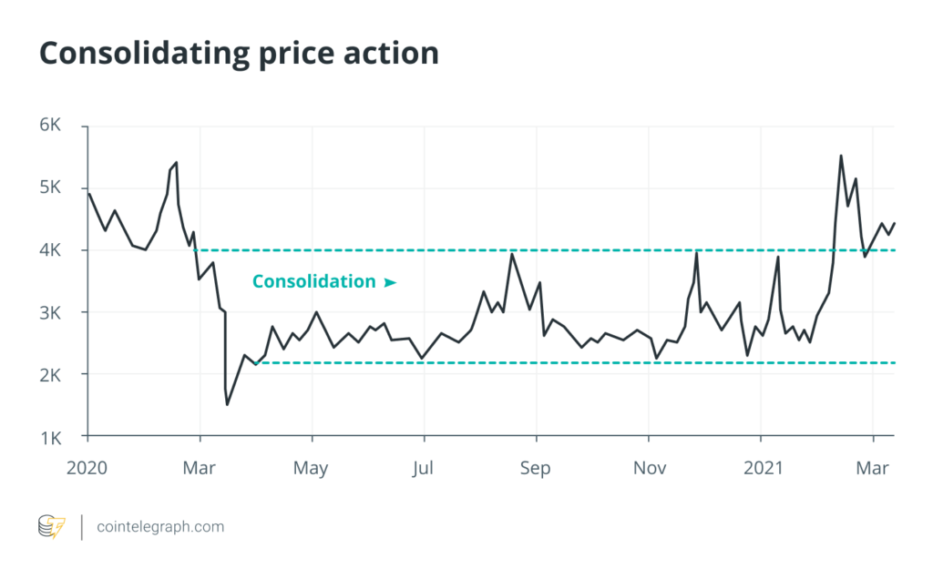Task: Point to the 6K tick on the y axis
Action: click(x=49, y=126)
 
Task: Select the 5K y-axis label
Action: click(x=49, y=188)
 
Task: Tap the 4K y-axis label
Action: click(x=49, y=249)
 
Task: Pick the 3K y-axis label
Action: click(x=49, y=312)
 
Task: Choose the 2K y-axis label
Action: click(x=49, y=374)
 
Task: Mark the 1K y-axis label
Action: click(x=49, y=436)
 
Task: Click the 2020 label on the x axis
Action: click(x=88, y=468)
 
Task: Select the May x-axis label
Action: click(x=312, y=468)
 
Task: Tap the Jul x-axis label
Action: click(x=424, y=468)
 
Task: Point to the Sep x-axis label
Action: click(x=536, y=468)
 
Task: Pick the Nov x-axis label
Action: click(x=649, y=468)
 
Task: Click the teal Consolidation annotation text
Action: click(x=313, y=281)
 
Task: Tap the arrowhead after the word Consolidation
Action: click(x=390, y=282)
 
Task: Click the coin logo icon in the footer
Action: click(x=51, y=526)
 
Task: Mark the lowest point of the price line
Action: click(x=227, y=404)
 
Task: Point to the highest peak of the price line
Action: click(x=840, y=156)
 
